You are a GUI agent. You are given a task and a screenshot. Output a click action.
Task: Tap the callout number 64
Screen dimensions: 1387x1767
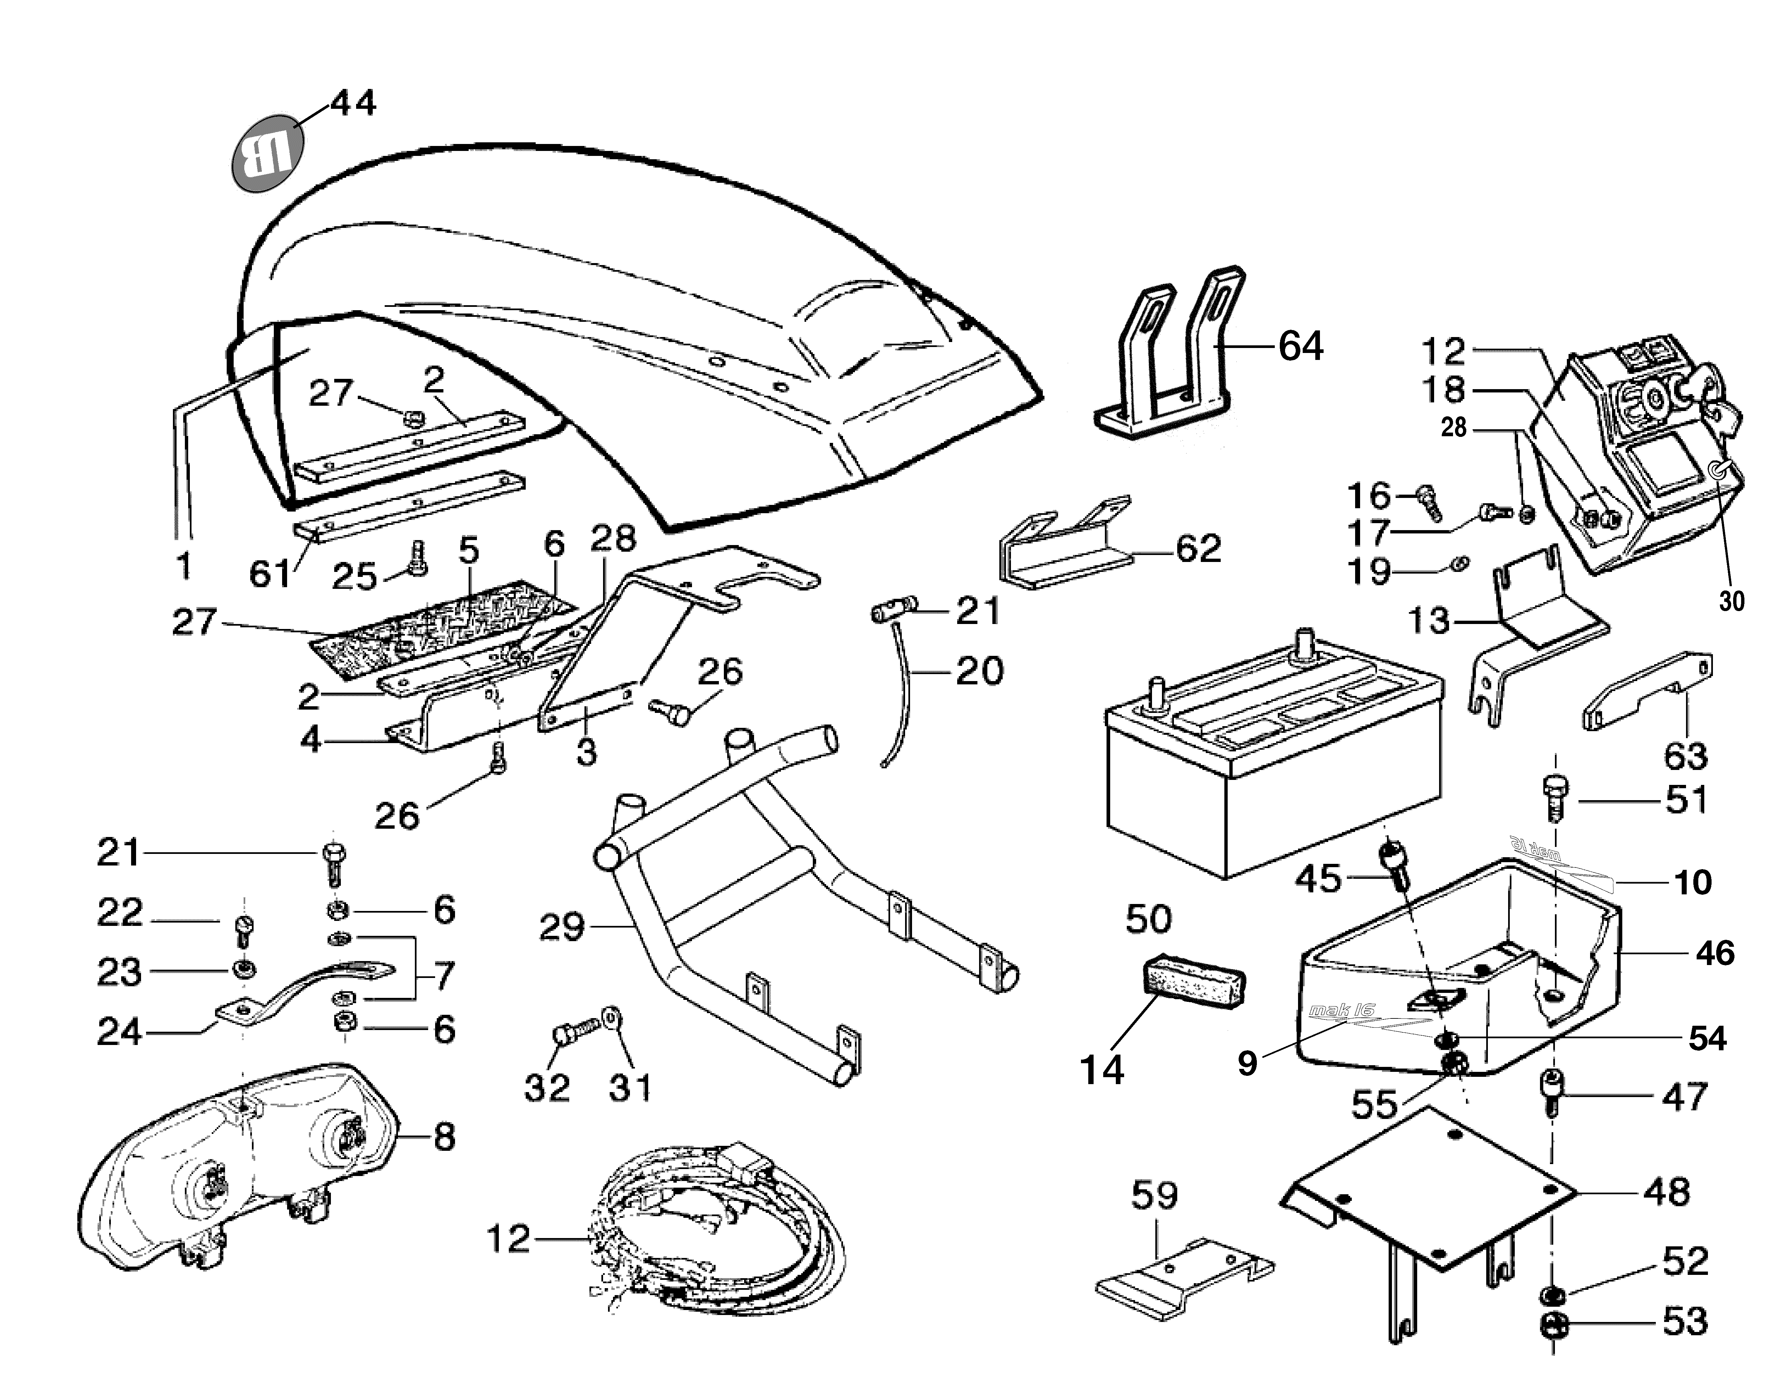pyautogui.click(x=1301, y=346)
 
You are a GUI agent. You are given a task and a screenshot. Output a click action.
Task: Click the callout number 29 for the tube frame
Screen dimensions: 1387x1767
pyautogui.click(x=561, y=927)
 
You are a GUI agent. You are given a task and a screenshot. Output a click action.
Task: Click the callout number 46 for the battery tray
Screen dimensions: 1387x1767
pyautogui.click(x=1714, y=952)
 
